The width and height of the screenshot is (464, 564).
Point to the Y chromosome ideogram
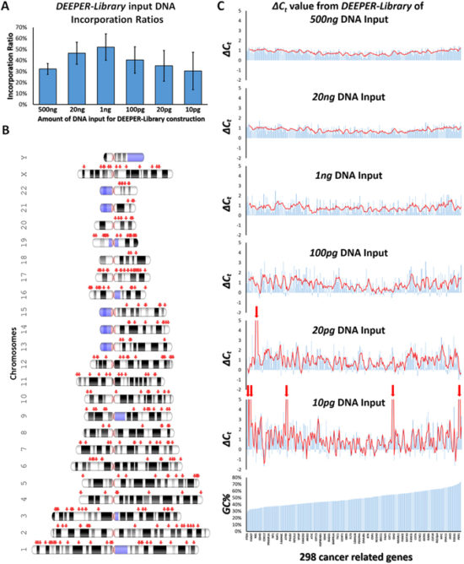pos(123,158)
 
